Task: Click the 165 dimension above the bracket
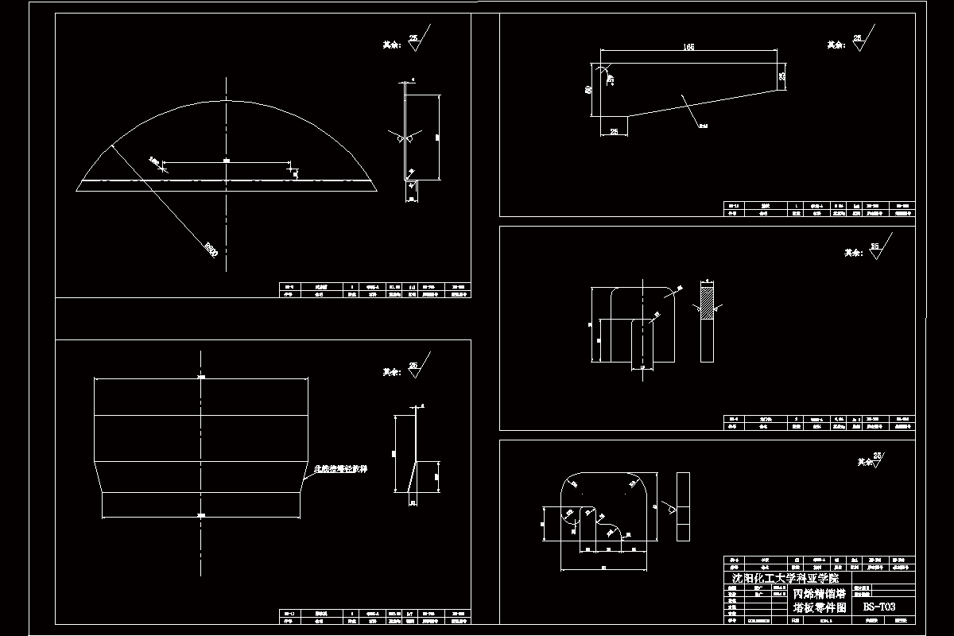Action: coord(688,48)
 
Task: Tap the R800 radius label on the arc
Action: coord(210,250)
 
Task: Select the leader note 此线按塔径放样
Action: coord(343,470)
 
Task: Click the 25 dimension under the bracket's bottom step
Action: coord(614,130)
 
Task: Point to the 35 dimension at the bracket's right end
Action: coord(782,77)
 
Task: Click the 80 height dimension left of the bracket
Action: coord(589,91)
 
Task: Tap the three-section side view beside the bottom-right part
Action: coord(684,506)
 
